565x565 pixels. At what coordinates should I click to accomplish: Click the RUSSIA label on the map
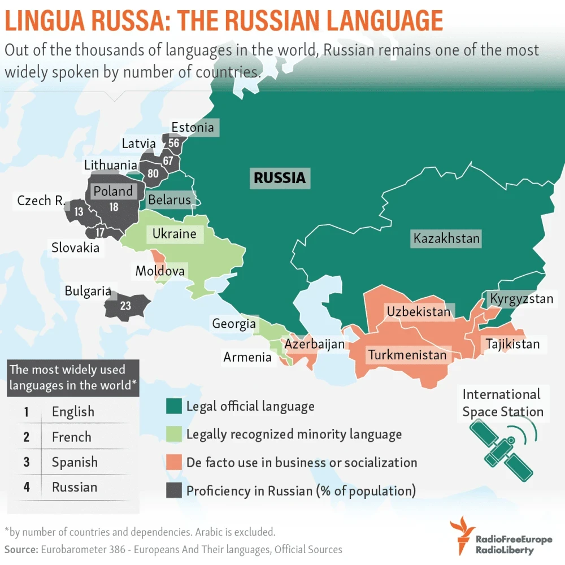280,178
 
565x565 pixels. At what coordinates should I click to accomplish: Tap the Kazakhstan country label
446,238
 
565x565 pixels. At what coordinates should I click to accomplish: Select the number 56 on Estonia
173,143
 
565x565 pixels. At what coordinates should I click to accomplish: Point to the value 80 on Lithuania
153,173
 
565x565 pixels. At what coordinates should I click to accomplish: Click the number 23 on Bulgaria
125,306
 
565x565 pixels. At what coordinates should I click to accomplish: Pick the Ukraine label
174,234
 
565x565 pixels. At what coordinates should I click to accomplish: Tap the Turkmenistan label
407,355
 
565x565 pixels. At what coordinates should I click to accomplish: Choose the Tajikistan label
512,344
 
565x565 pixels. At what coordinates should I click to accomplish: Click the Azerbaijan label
314,344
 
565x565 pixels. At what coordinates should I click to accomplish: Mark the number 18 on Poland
114,207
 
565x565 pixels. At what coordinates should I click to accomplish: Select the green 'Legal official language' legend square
173,406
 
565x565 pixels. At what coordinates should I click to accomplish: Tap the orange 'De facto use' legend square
173,463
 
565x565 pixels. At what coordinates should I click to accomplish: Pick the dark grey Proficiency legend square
173,491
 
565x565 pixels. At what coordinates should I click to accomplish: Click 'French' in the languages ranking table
71,437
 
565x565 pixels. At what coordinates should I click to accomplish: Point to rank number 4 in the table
27,487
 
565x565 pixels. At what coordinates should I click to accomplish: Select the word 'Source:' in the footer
21,549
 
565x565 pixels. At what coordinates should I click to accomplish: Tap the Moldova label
160,271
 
